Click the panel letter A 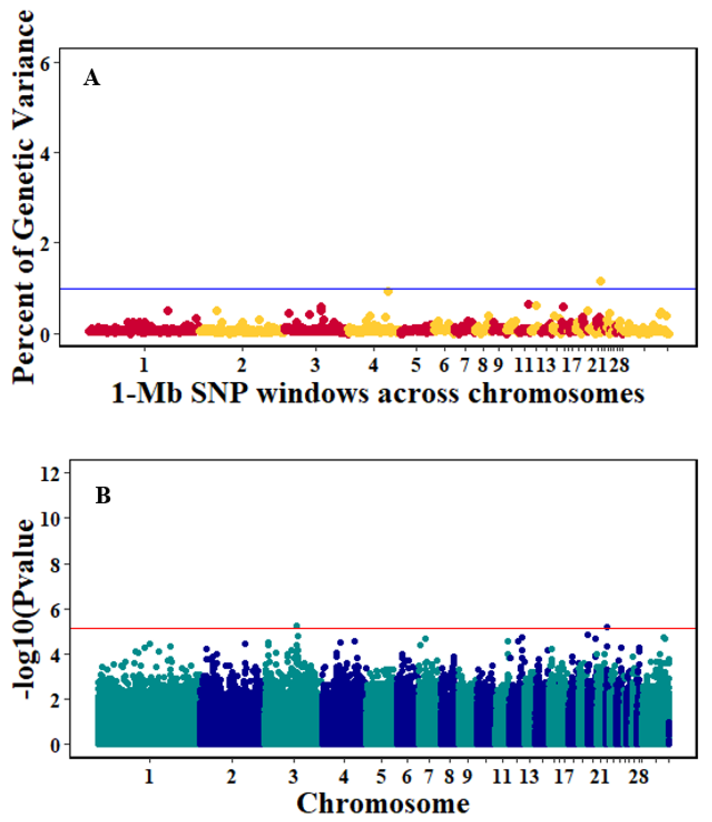point(91,78)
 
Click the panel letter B point(103,496)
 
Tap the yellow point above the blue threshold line point(600,281)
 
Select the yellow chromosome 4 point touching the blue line point(388,292)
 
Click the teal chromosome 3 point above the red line point(296,626)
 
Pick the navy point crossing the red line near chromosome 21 point(607,628)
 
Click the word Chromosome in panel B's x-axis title point(383,804)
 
